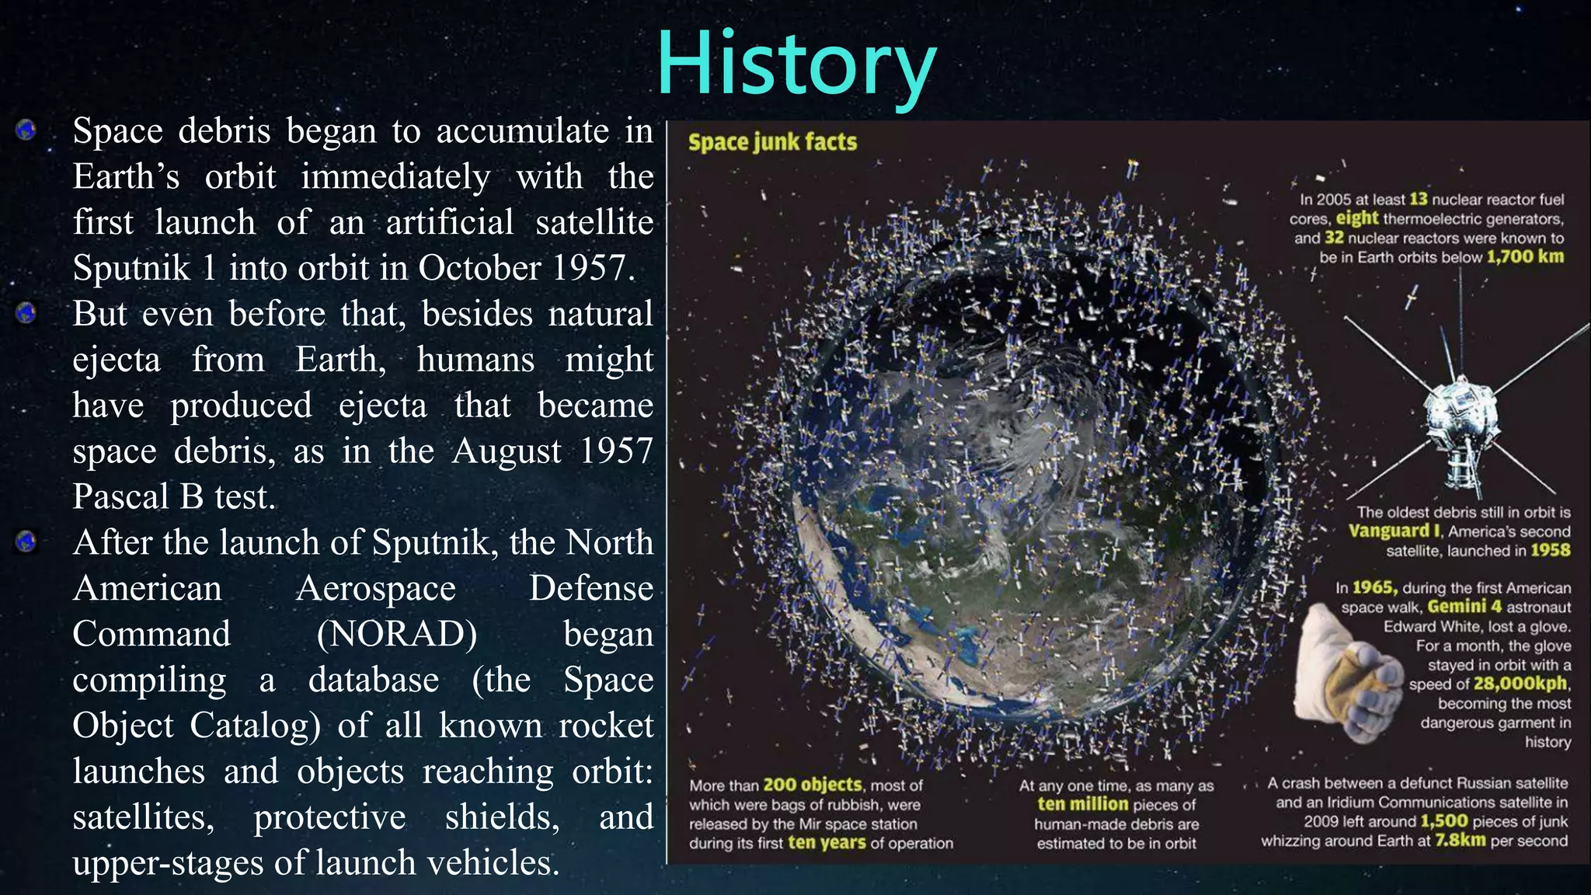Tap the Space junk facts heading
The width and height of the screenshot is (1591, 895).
772,142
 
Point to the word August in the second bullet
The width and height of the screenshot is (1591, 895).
505,451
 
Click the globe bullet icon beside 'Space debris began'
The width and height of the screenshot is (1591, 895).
26,130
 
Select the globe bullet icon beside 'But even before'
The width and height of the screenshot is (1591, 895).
26,313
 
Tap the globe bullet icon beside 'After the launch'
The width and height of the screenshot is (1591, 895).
26,542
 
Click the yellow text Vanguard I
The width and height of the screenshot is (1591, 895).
1394,531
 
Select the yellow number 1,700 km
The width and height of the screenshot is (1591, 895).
1525,257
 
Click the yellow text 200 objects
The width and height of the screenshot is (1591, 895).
813,785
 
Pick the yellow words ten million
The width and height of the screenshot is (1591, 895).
1082,805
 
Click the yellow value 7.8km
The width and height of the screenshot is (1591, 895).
1460,841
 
